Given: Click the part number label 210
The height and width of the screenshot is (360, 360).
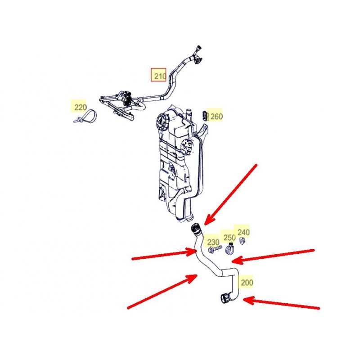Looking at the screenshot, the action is [x=160, y=76].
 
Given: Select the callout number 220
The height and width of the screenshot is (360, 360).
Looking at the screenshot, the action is [x=81, y=107].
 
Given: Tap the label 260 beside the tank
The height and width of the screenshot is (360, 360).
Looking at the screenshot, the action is [x=216, y=117].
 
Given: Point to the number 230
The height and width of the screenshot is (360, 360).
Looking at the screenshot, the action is [x=213, y=242].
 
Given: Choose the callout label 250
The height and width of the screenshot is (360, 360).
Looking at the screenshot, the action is [x=229, y=238].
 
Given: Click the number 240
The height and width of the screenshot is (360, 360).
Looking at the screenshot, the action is [x=243, y=232].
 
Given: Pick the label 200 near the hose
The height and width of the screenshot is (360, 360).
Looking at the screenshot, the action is [x=247, y=283].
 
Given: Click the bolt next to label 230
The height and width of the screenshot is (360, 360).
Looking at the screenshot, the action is [x=215, y=250].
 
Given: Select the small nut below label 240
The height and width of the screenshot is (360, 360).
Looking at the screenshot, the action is [x=242, y=240].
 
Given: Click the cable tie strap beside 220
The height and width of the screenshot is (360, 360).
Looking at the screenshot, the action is [x=85, y=116].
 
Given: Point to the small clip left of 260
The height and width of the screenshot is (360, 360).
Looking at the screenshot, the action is [x=205, y=116].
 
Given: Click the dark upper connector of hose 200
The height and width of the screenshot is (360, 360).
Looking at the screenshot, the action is [x=196, y=229].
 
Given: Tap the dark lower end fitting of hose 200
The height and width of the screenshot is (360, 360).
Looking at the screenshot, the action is [x=225, y=298].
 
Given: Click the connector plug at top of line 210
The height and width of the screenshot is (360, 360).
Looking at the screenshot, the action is [x=198, y=54].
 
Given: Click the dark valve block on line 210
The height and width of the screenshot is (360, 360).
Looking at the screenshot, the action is [x=126, y=99].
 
